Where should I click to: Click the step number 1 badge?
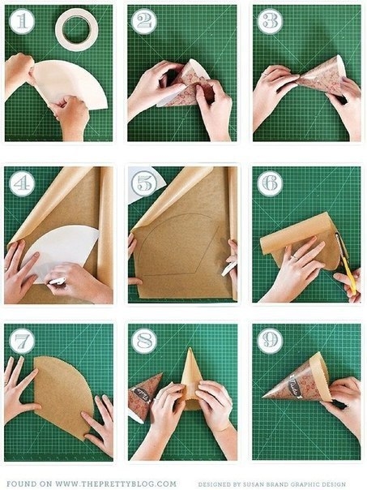click(22, 21)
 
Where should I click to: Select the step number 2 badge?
click(144, 21)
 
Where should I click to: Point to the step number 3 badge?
click(271, 21)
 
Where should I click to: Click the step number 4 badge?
click(22, 183)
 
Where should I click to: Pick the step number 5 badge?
click(144, 183)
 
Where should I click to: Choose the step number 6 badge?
click(271, 183)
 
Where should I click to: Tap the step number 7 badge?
click(22, 341)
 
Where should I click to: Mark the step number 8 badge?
click(144, 341)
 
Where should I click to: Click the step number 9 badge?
click(271, 341)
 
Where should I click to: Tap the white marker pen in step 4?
click(57, 282)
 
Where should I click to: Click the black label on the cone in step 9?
click(294, 388)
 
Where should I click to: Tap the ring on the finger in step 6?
click(295, 257)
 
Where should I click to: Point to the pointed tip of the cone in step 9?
click(262, 398)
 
